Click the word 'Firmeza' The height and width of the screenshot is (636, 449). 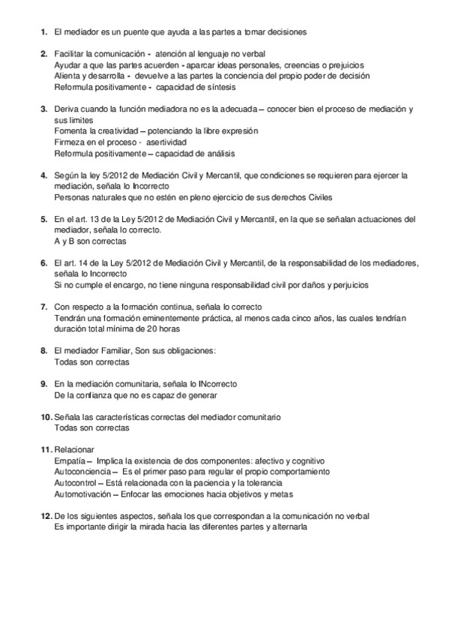click(70, 142)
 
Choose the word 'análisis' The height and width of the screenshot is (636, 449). click(217, 154)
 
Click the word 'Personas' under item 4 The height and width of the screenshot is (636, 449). click(73, 197)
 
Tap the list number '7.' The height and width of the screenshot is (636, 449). click(43, 307)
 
